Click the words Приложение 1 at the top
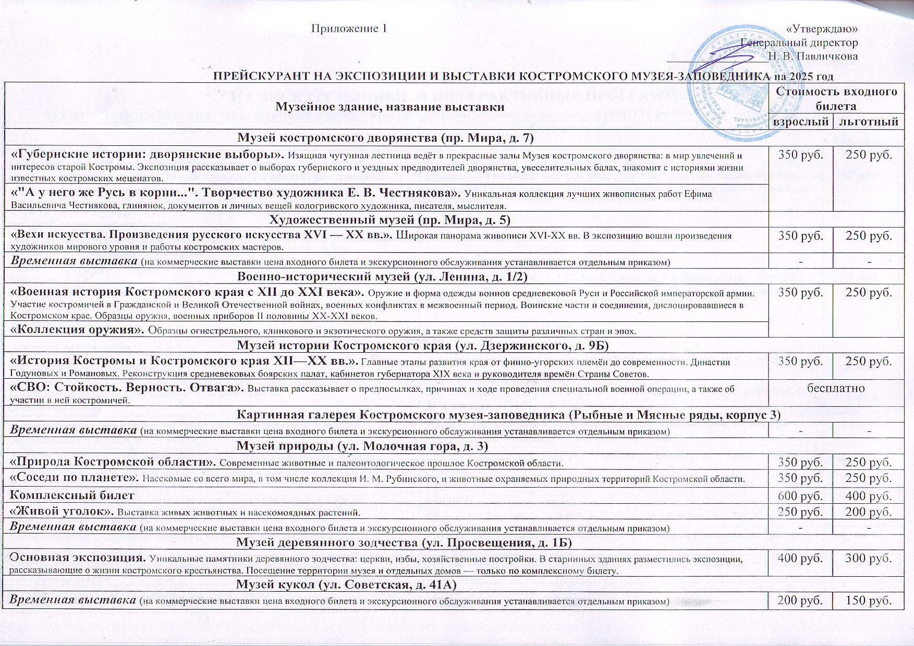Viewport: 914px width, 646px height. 349,28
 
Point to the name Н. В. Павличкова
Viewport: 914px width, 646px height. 813,56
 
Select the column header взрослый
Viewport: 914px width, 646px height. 800,122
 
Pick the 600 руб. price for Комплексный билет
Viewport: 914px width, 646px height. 800,495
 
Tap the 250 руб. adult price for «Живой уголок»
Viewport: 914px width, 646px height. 800,512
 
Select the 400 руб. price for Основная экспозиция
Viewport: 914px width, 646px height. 800,558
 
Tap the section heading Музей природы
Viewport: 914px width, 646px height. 362,446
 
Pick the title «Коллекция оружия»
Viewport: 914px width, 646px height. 78,330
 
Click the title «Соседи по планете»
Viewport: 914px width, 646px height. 76,478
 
